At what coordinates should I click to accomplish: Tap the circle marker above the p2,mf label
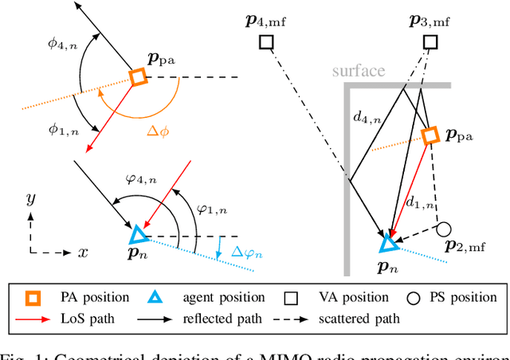click(x=444, y=230)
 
